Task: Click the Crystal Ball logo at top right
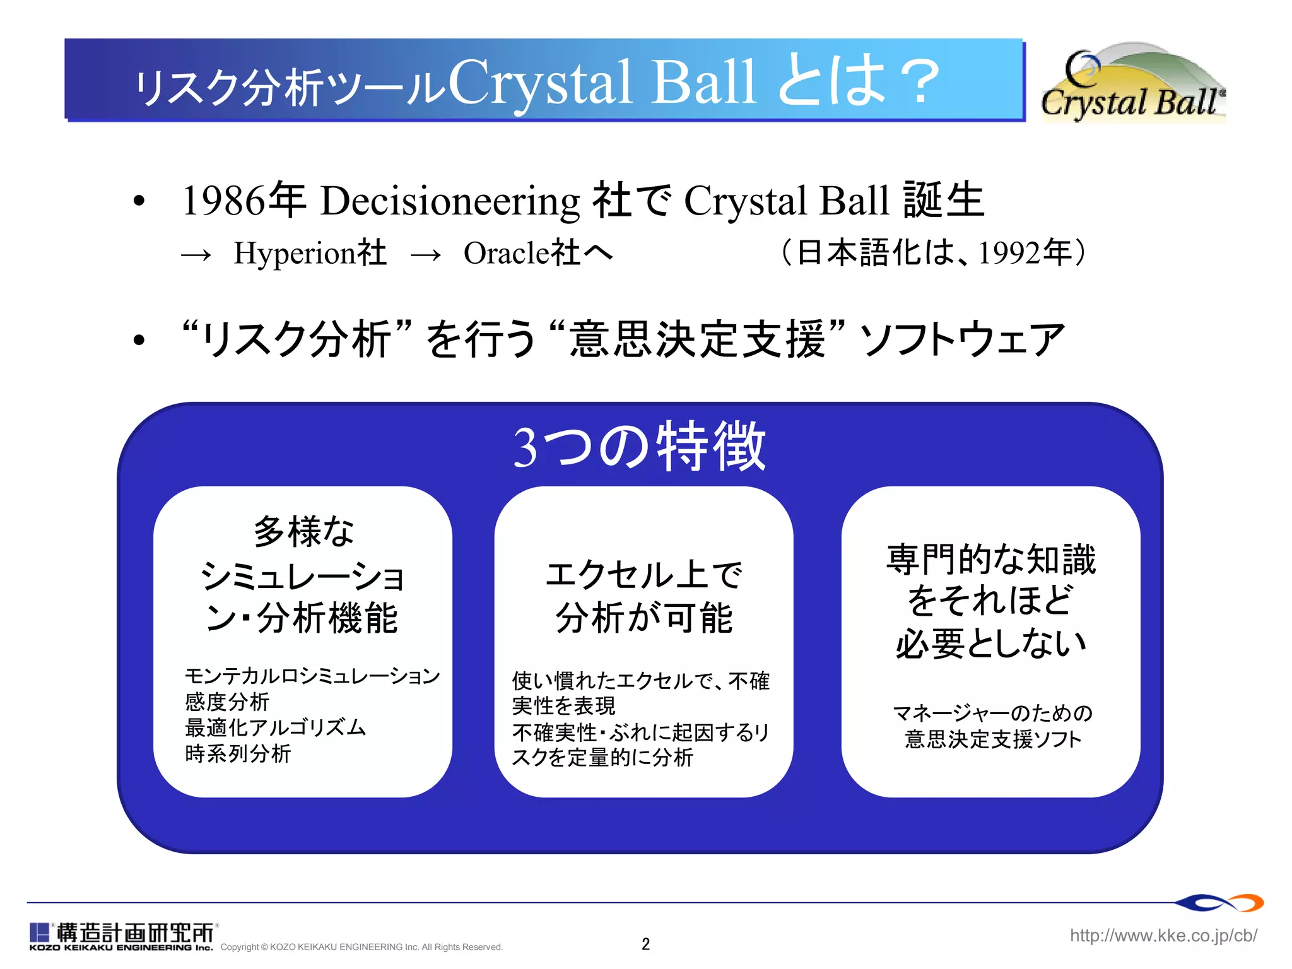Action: coord(1133,83)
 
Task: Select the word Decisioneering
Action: coord(450,202)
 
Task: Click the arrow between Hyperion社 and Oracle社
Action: coord(426,255)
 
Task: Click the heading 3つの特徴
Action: coord(640,447)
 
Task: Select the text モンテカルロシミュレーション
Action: coord(312,676)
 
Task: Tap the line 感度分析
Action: coord(227,702)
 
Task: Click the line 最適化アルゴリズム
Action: coord(275,727)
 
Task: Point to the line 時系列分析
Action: coord(238,753)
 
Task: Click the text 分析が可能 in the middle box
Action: coord(644,617)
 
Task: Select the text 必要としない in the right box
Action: coord(990,643)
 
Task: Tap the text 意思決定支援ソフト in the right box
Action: coord(993,739)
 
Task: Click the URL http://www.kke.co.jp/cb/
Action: coord(1163,935)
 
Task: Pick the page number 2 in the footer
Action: coord(645,944)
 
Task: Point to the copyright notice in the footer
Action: coord(361,947)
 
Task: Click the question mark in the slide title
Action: coord(920,82)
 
